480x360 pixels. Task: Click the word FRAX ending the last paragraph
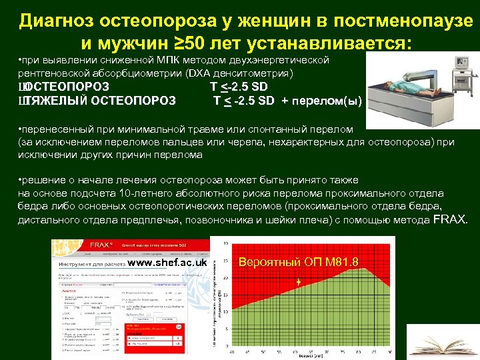(x=451, y=219)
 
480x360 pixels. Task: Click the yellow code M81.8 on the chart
(x=341, y=262)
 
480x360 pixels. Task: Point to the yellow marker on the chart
(x=299, y=281)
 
